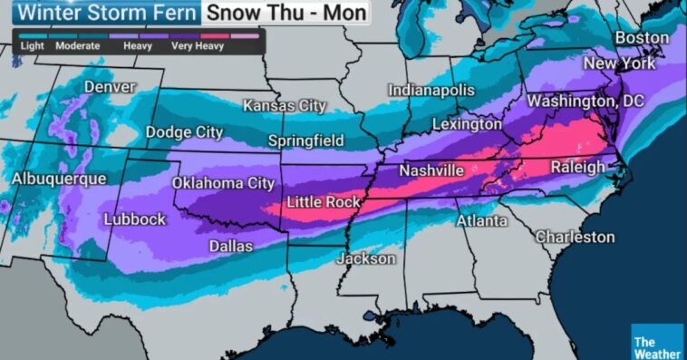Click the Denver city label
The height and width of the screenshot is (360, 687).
[x=110, y=87]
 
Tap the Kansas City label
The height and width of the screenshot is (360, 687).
[x=284, y=105]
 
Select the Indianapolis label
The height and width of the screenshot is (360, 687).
[x=431, y=91]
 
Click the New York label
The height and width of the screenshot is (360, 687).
[x=618, y=63]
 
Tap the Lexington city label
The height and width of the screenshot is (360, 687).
[x=467, y=123]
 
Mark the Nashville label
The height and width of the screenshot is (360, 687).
[x=432, y=170]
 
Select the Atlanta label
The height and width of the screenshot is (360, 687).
[x=481, y=220]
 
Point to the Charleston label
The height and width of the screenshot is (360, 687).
[x=575, y=237]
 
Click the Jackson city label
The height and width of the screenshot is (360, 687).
[x=366, y=258]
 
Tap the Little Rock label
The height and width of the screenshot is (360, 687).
[x=324, y=201]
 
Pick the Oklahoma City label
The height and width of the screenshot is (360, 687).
[x=223, y=183]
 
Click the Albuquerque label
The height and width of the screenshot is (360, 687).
[x=59, y=179]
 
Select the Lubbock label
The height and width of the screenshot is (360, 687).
[x=135, y=219]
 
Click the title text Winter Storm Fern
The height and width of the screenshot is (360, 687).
[x=101, y=14]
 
